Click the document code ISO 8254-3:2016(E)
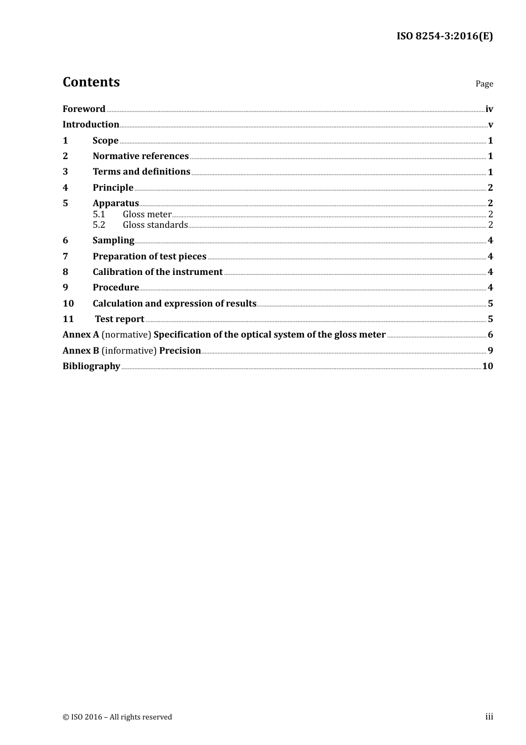coord(444,37)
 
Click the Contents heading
coord(91,82)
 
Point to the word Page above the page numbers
coord(484,84)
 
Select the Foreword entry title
coord(84,109)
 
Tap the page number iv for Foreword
coord(489,109)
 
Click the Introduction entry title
coord(91,125)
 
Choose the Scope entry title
coord(105,141)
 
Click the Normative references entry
coord(141,156)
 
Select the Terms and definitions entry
coord(141,172)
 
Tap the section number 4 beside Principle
coord(65,188)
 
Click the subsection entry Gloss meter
coord(147,215)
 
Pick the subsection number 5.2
coord(99,225)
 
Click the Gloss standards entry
coord(155,225)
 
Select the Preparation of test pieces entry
coord(149,257)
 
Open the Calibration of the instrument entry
coord(157,272)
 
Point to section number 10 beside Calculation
coord(68,304)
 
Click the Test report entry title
coord(120,319)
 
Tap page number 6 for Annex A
coord(490,335)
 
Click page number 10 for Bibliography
coord(487,366)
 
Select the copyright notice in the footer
coord(117,717)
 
